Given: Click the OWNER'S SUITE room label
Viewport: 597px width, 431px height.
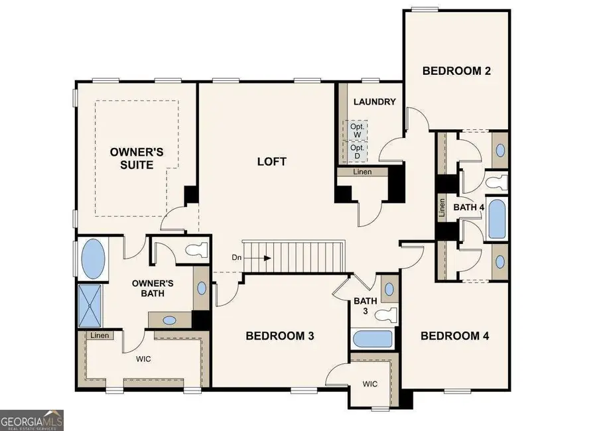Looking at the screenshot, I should click(137, 158).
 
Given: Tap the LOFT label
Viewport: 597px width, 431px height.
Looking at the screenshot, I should click(272, 161).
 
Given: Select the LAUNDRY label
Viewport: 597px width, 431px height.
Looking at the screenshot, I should click(374, 102).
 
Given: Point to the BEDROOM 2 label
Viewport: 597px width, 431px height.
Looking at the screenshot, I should click(456, 71).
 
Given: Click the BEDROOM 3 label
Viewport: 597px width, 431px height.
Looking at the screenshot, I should click(279, 336).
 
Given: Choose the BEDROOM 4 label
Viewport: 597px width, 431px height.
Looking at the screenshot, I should click(454, 336).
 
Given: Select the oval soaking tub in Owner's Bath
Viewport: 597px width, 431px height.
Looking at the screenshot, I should click(93, 260).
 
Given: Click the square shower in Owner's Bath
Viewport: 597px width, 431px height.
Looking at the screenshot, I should click(91, 305).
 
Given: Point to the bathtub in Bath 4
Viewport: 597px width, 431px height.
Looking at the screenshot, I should click(496, 218).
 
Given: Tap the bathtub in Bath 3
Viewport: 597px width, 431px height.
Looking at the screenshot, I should click(372, 339).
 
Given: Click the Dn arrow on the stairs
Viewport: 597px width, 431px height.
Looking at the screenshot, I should click(252, 257).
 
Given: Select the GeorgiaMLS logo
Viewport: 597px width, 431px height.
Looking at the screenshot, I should click(32, 420).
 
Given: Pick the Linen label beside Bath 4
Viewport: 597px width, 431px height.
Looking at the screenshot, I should click(442, 208).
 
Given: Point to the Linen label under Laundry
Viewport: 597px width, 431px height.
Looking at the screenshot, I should click(362, 172).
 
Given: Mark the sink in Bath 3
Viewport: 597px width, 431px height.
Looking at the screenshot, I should click(389, 290).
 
